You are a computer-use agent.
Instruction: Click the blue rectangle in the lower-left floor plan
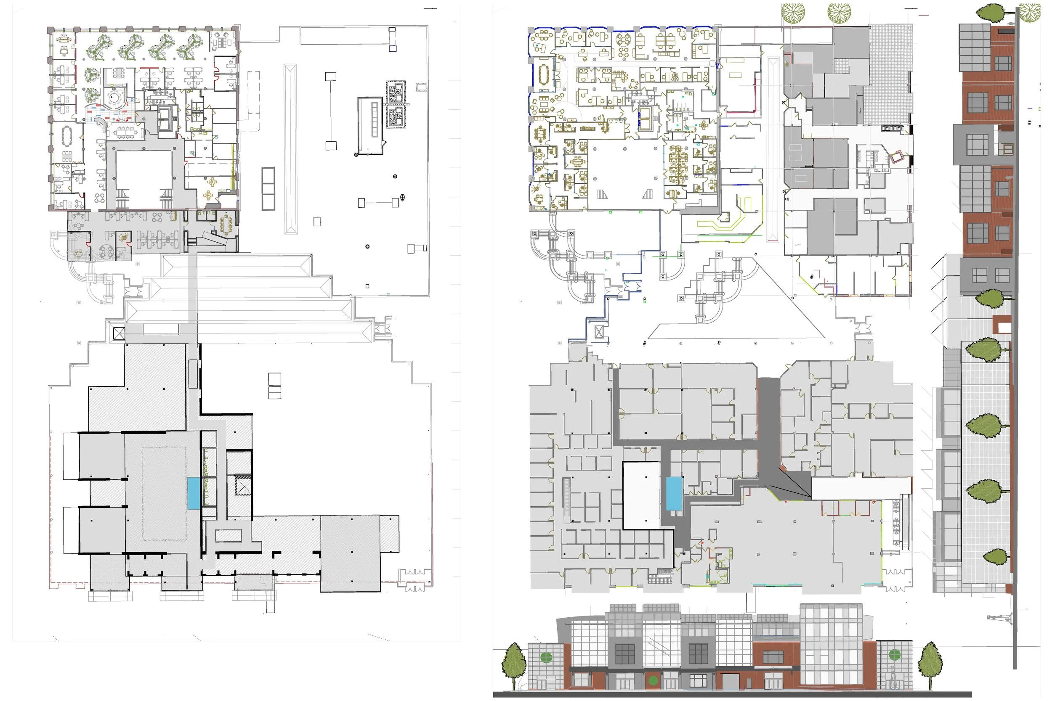[x=194, y=493]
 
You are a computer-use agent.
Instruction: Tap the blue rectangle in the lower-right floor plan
[x=674, y=494]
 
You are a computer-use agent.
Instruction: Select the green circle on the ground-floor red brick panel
[x=653, y=681]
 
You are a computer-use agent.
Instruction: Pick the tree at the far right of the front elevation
[x=930, y=663]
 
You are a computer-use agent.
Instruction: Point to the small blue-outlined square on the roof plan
[x=393, y=48]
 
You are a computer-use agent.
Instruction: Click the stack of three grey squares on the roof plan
[x=268, y=189]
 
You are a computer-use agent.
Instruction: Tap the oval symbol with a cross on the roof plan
[x=402, y=197]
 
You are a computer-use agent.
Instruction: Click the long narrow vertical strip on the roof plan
[x=290, y=149]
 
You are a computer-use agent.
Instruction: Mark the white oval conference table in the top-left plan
[x=68, y=135]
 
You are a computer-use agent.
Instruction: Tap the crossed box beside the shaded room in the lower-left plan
[x=243, y=487]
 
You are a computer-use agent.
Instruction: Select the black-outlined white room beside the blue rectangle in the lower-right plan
[x=641, y=495]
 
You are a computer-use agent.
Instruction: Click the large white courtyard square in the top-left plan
[x=144, y=175]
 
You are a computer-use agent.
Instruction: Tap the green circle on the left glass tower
[x=546, y=657]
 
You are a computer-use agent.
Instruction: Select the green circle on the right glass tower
[x=894, y=654]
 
